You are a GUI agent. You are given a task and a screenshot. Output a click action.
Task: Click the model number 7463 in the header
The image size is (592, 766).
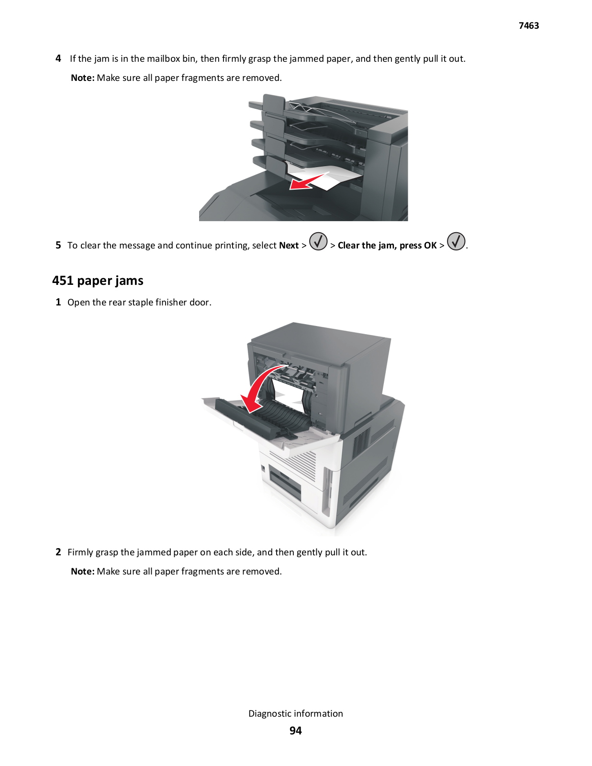tap(528, 26)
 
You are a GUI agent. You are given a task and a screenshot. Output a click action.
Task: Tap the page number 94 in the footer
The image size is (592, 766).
tap(296, 731)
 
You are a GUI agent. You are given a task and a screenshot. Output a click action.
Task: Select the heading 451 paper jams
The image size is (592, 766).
tap(98, 281)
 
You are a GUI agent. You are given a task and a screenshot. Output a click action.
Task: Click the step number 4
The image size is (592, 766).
tap(58, 58)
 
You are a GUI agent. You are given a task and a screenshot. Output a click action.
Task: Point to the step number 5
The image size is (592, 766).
tap(58, 245)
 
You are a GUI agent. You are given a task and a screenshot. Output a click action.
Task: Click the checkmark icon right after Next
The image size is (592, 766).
tap(318, 241)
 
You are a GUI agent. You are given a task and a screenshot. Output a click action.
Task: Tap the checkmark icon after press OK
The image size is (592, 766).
tap(457, 241)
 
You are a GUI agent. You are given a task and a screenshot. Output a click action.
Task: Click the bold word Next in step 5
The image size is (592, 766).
tap(289, 245)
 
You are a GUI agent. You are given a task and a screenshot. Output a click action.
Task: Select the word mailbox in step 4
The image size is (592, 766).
tap(163, 58)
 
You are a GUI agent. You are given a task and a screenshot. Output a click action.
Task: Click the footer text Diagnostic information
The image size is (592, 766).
tap(296, 713)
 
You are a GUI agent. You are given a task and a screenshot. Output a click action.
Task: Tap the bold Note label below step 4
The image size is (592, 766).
tap(83, 78)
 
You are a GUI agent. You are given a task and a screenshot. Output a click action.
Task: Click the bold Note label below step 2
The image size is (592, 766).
tap(83, 572)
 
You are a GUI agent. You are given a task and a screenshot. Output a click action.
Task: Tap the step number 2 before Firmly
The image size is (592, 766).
tap(58, 552)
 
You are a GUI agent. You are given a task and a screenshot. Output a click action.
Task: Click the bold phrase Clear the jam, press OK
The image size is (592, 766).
tap(387, 245)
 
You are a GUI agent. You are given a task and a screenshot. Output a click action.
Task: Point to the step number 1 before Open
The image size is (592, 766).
tap(58, 302)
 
